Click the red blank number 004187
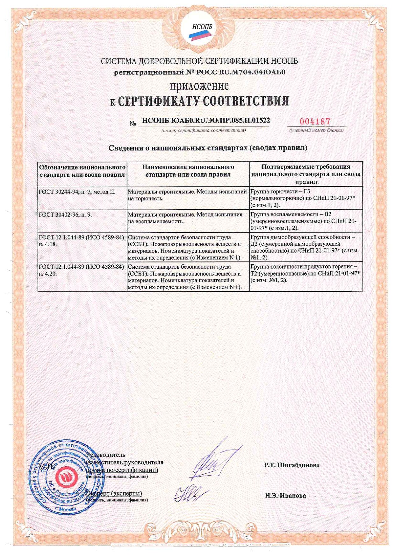click(x=315, y=121)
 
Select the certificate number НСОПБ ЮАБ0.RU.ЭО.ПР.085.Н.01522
click(x=206, y=121)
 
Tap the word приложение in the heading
click(x=199, y=86)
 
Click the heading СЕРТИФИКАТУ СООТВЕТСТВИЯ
click(x=203, y=101)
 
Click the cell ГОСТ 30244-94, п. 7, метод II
click(x=77, y=192)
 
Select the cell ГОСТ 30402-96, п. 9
click(x=65, y=215)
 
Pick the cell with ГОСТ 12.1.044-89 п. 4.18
click(x=81, y=241)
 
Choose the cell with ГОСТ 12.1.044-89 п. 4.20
click(x=81, y=270)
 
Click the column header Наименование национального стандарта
click(x=188, y=171)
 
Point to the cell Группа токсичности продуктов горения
click(x=305, y=273)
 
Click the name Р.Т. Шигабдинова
click(x=291, y=465)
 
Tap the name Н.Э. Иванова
click(x=285, y=495)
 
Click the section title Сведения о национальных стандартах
click(x=208, y=148)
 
